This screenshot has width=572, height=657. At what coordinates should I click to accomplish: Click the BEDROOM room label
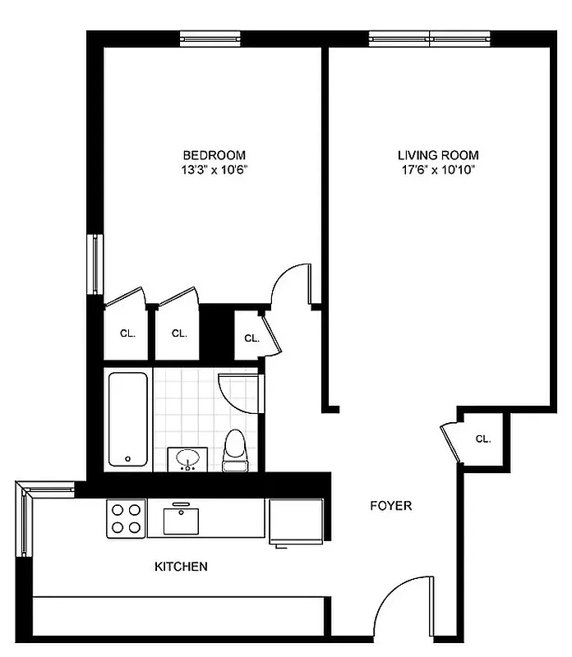pos(214,155)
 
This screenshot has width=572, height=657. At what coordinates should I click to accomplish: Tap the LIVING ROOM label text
pos(438,155)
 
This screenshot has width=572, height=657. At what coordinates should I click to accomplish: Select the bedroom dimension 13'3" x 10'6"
pos(214,171)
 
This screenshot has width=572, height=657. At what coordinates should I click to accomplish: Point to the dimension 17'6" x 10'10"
pos(438,171)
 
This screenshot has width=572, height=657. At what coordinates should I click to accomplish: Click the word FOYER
pos(390,506)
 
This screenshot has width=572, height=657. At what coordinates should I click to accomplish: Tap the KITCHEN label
pos(181,567)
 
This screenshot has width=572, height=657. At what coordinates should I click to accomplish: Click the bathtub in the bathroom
pos(128,420)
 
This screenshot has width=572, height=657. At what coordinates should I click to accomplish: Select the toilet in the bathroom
pos(235,450)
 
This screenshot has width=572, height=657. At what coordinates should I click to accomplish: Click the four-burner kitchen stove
pos(126,518)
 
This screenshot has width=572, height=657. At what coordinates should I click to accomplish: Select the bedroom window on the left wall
pos(96,264)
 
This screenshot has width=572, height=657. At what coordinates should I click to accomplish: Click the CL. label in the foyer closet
pos(483,439)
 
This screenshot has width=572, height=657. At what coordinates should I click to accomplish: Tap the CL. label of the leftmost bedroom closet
pos(127,333)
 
